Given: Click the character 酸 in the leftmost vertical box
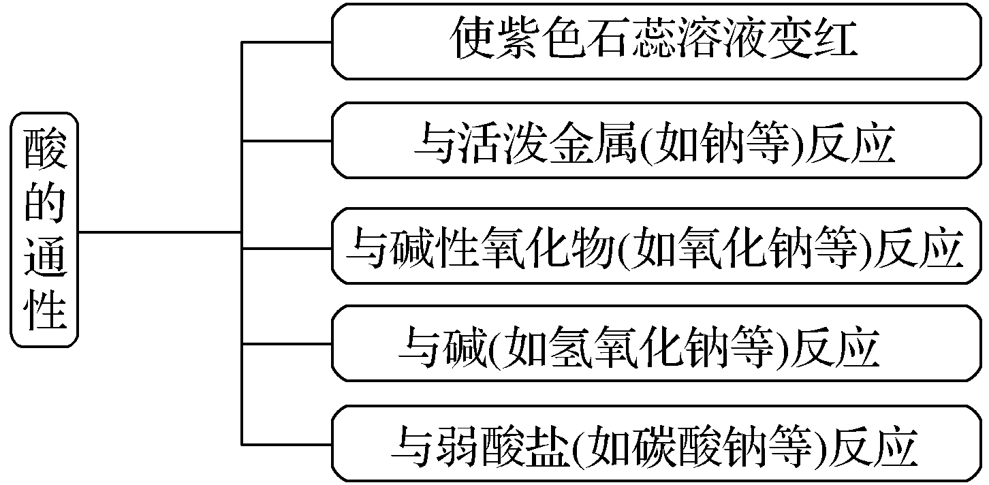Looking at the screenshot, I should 46,151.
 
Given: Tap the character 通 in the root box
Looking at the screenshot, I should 46,261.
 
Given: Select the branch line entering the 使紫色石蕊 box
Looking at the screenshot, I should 286,42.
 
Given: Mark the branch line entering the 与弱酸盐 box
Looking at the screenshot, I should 286,445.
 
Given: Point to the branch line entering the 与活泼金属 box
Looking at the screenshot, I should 286,142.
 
